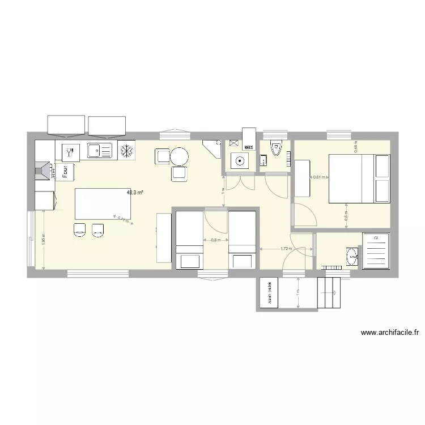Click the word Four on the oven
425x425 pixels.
[65, 171]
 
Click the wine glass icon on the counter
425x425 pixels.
[70, 151]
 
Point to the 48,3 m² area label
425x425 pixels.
[135, 192]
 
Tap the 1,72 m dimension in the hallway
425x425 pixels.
[286, 248]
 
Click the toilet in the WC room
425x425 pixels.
[276, 148]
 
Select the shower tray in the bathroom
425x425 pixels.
[375, 249]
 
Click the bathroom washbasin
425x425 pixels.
[353, 256]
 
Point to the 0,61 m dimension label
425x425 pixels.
[319, 177]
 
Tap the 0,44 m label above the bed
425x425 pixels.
[356, 147]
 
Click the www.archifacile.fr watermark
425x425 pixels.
[389, 333]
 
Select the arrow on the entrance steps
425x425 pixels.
[334, 292]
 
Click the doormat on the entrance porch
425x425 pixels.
[269, 293]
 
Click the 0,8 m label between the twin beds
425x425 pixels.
[215, 240]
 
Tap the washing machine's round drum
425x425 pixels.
[240, 161]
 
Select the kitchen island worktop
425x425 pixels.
[103, 203]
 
